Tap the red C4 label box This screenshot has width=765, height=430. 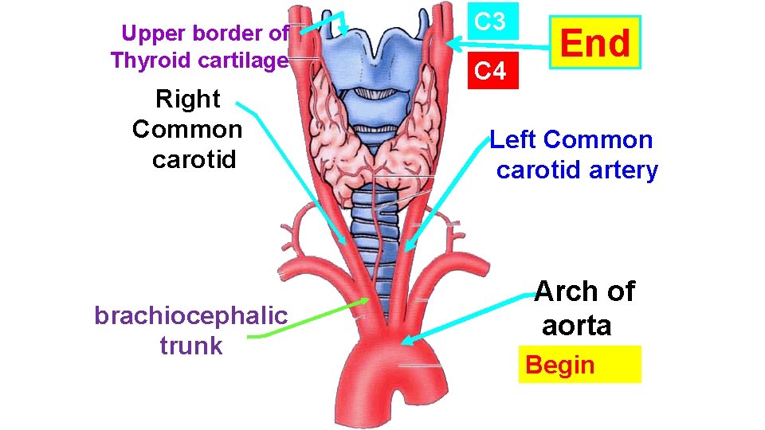point(491,71)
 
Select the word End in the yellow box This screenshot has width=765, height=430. point(594,43)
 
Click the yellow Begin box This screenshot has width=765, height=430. point(579,365)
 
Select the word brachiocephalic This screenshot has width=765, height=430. point(190,316)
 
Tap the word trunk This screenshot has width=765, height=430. point(190,346)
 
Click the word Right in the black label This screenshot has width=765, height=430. point(188,100)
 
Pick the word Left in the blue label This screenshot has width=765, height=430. point(515,140)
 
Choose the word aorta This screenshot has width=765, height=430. point(576,325)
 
